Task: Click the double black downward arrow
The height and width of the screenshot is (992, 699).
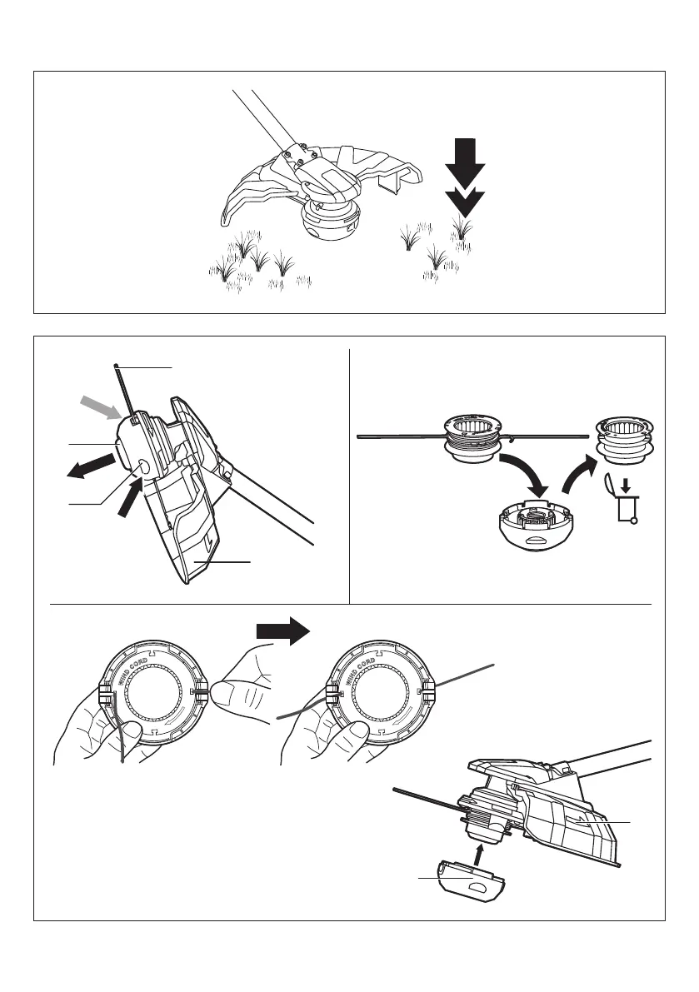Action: coord(465,179)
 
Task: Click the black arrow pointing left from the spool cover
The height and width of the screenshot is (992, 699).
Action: coord(89,464)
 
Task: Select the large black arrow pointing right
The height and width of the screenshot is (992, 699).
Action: coord(282,635)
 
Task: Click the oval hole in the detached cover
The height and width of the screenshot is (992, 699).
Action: coord(477,888)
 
